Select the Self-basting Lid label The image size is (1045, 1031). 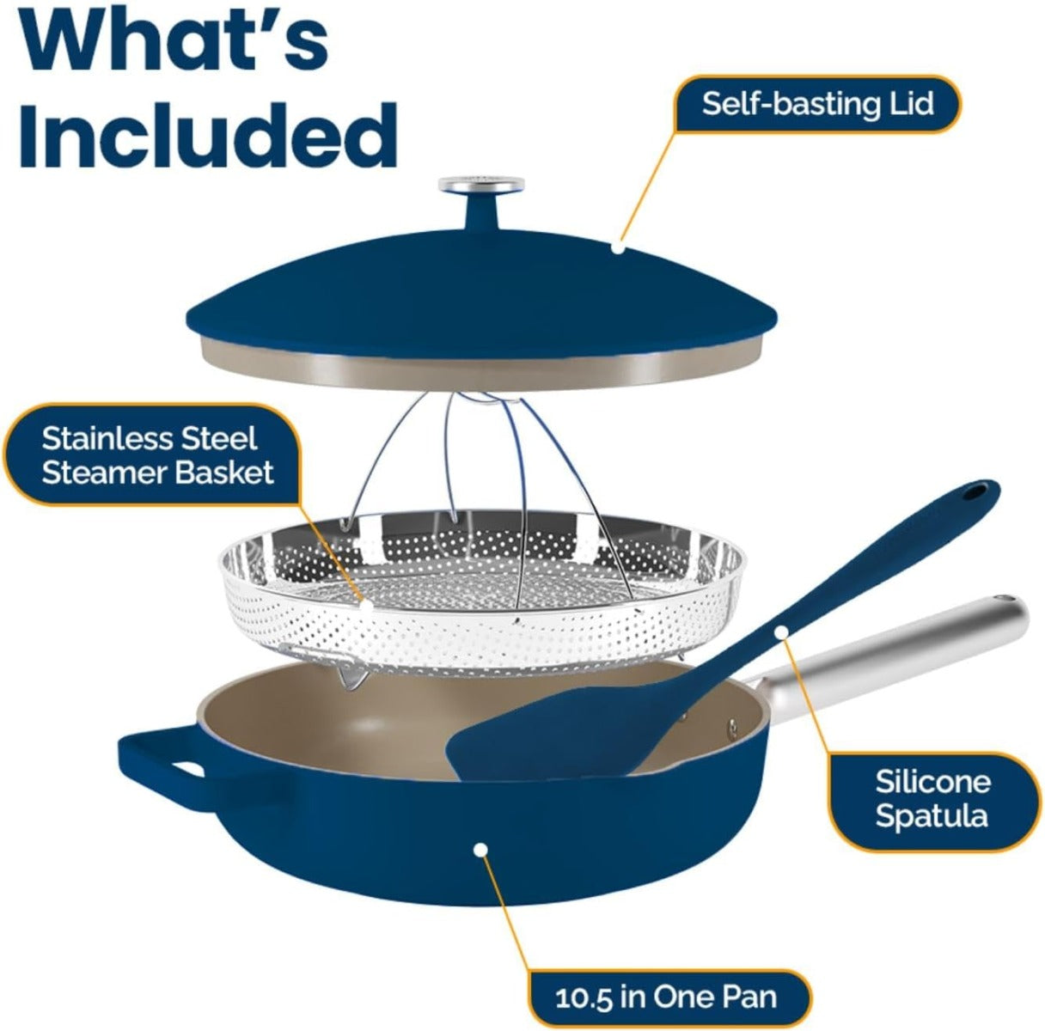[817, 104]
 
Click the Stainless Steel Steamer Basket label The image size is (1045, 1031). [157, 455]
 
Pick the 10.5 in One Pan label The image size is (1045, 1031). [666, 997]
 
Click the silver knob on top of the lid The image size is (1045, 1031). [481, 184]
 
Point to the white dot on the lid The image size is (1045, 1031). [617, 247]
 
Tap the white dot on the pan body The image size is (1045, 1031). [480, 850]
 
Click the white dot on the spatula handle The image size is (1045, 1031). [781, 632]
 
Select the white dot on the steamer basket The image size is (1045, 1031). [367, 604]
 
